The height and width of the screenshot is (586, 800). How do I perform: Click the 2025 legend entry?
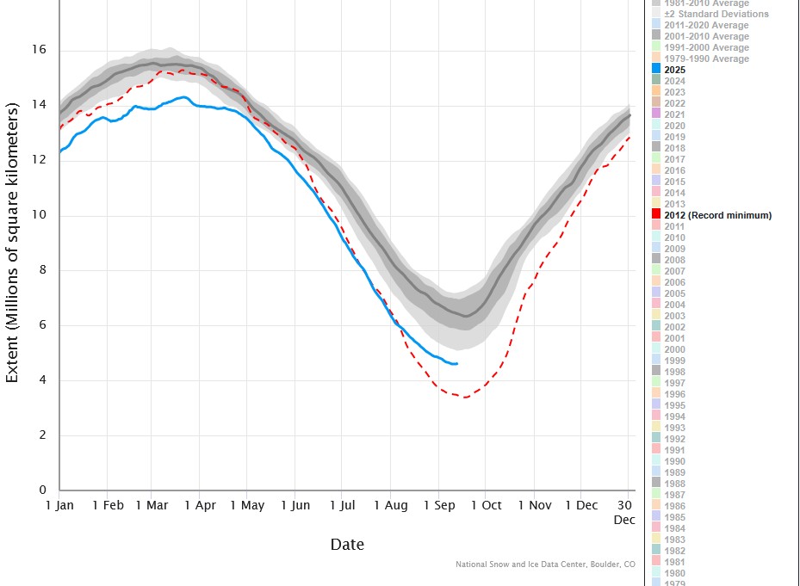click(x=674, y=70)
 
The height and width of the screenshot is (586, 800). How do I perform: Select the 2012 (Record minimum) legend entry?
click(x=717, y=215)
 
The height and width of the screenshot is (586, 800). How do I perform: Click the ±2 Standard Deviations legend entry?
click(x=716, y=14)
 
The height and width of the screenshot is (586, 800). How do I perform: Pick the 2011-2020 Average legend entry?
click(x=706, y=25)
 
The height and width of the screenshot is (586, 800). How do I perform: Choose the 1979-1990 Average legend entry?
click(x=706, y=59)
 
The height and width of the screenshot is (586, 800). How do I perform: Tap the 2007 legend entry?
click(x=674, y=271)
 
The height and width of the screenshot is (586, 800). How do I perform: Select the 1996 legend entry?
click(x=674, y=394)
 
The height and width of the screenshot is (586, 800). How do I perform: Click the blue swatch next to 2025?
click(x=656, y=70)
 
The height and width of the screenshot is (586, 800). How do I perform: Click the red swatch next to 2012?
click(x=656, y=215)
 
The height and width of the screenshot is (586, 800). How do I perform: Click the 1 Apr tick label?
click(x=199, y=506)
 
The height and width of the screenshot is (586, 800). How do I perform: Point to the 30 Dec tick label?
click(x=624, y=512)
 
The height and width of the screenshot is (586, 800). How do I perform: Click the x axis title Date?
click(x=346, y=545)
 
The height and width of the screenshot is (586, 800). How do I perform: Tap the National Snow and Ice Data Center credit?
click(x=545, y=564)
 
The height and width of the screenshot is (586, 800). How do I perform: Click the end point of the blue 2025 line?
click(x=457, y=364)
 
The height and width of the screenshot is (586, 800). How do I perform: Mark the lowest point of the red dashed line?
click(x=465, y=398)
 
